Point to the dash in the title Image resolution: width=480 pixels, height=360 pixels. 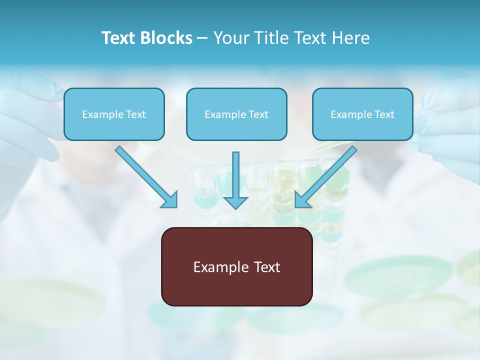click(x=203, y=38)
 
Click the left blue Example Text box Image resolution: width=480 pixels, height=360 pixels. click(x=114, y=114)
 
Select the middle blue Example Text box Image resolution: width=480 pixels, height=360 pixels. click(x=236, y=114)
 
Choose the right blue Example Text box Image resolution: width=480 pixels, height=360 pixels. click(x=362, y=114)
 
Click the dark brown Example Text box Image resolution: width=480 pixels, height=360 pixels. click(x=236, y=266)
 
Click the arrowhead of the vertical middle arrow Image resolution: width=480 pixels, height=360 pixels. click(x=235, y=202)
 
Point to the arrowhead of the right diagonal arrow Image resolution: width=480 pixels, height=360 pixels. click(x=302, y=200)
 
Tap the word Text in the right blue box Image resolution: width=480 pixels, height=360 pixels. click(x=384, y=114)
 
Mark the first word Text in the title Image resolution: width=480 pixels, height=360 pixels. click(x=120, y=38)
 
